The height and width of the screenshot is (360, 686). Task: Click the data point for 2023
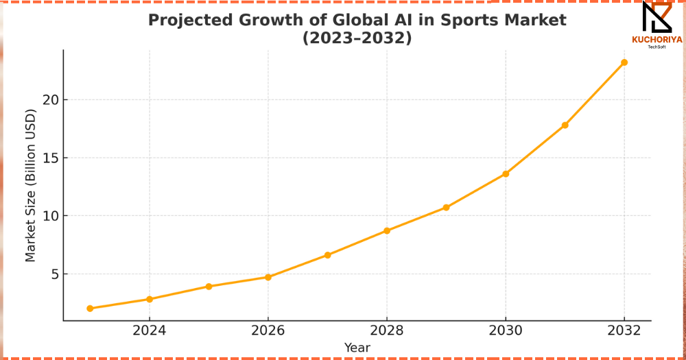click(90, 309)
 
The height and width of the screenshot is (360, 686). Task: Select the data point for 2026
click(268, 277)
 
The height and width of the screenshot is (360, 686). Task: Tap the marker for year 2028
click(387, 230)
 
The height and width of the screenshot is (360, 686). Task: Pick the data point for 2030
click(506, 173)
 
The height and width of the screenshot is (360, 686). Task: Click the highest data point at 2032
click(624, 62)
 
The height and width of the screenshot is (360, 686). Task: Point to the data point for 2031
click(565, 125)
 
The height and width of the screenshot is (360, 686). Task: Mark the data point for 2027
click(328, 255)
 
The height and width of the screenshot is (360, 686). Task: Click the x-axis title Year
click(357, 348)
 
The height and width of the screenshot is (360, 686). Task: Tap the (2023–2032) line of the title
click(357, 38)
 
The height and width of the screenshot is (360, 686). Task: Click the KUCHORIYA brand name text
click(657, 40)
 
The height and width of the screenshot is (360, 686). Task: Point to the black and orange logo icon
click(657, 17)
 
